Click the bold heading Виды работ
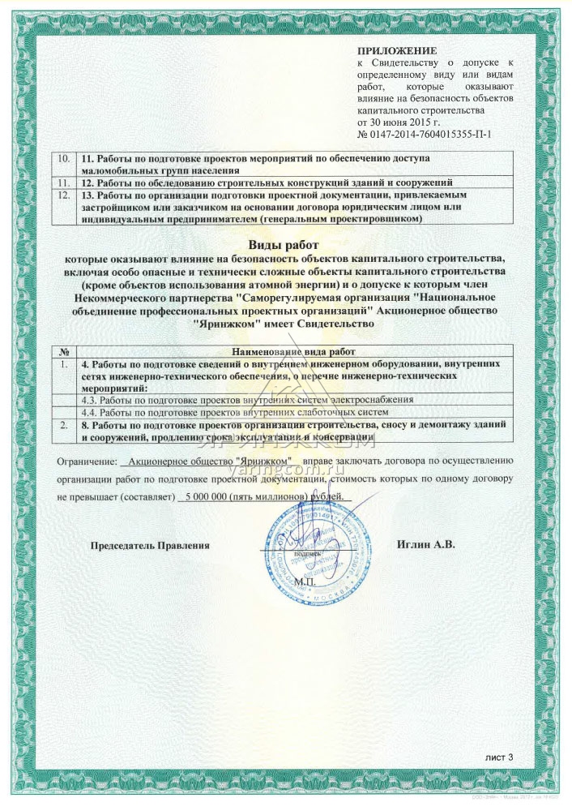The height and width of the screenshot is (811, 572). [285, 244]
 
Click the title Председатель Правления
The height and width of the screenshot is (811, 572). [150, 546]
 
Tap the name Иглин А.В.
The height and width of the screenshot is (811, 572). [426, 545]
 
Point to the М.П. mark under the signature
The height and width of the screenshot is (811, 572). [306, 582]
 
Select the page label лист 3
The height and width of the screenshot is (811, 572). [499, 757]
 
